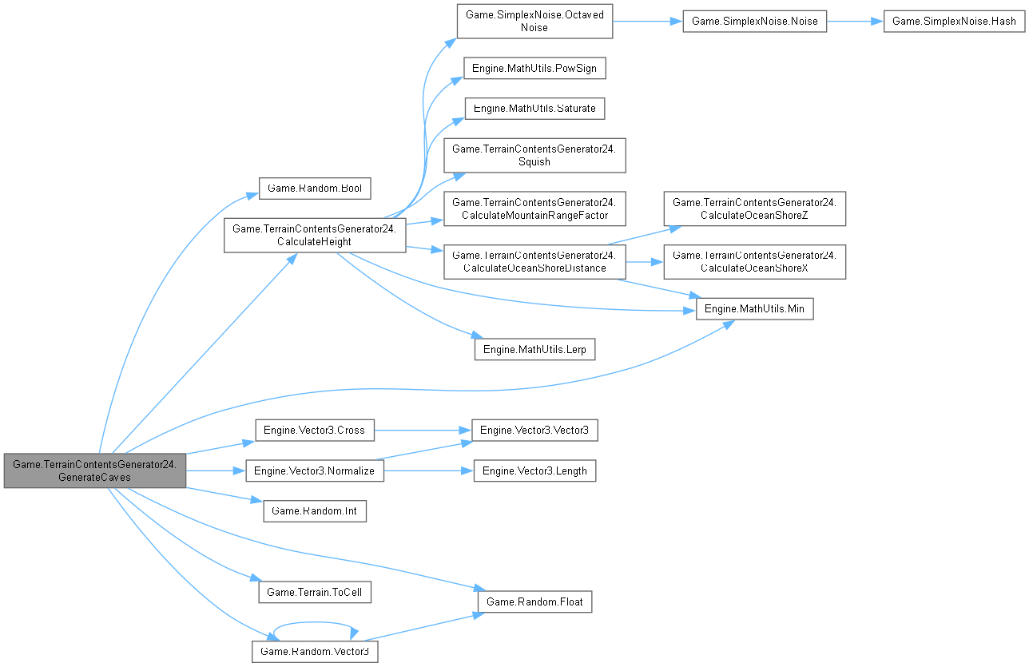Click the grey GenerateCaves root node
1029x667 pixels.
(95, 470)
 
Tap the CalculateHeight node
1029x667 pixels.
(315, 235)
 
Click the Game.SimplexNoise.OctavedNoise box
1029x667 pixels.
(534, 21)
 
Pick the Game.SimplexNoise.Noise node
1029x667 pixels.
(754, 21)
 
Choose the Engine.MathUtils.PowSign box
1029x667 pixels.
(535, 69)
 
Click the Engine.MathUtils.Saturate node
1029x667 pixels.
(534, 108)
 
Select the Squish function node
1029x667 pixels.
(534, 155)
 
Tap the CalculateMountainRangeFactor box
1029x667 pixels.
(534, 207)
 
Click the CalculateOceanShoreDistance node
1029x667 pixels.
(534, 260)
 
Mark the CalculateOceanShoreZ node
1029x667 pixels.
(754, 208)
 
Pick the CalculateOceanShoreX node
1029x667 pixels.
(754, 260)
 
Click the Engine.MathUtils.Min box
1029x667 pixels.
(754, 308)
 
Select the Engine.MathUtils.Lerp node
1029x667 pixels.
(534, 349)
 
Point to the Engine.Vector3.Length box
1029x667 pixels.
(534, 470)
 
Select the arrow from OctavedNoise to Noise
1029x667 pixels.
(647, 22)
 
